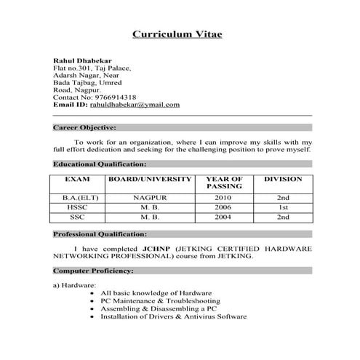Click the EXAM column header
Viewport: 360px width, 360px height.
77,178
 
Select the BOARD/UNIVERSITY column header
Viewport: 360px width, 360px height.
150,178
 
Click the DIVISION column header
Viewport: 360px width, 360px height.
283,178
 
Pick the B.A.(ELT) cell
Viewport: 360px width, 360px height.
77,197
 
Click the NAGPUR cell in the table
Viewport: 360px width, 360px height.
150,197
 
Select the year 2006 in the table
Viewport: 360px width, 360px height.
223,207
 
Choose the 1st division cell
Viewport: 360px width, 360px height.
283,207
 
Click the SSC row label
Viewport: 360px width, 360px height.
77,217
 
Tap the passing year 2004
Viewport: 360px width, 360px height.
223,217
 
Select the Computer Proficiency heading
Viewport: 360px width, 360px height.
93,271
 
